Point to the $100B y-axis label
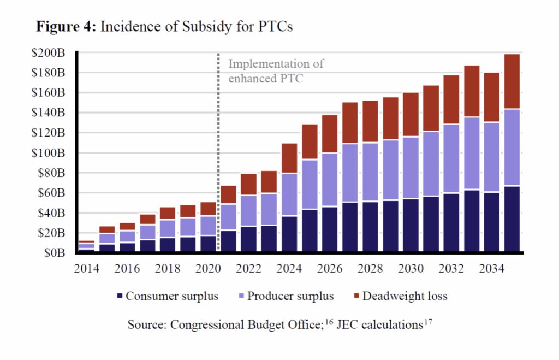point(50,153)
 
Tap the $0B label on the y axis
point(55,253)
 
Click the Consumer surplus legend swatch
point(120,296)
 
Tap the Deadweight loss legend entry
point(405,296)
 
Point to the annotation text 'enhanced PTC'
point(266,78)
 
